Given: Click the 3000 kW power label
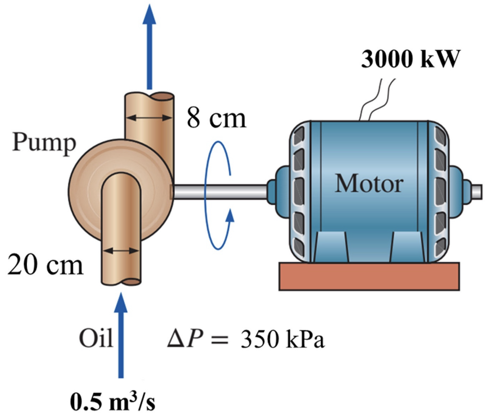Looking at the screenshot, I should pyautogui.click(x=411, y=59).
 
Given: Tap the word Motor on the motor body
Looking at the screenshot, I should pyautogui.click(x=369, y=184).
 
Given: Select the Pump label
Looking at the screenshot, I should pyautogui.click(x=44, y=143).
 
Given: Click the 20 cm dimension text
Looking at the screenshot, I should pyautogui.click(x=45, y=265).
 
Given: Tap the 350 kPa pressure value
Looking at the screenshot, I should pyautogui.click(x=282, y=340).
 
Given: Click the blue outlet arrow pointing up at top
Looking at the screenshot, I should pyautogui.click(x=149, y=46).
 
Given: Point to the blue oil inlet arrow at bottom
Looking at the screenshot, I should pyautogui.click(x=121, y=336).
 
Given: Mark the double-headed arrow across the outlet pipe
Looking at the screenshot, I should pyautogui.click(x=149, y=117).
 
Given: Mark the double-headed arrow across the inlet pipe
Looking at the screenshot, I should pyautogui.click(x=121, y=251).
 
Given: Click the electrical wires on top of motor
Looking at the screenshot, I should pyautogui.click(x=377, y=101).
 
